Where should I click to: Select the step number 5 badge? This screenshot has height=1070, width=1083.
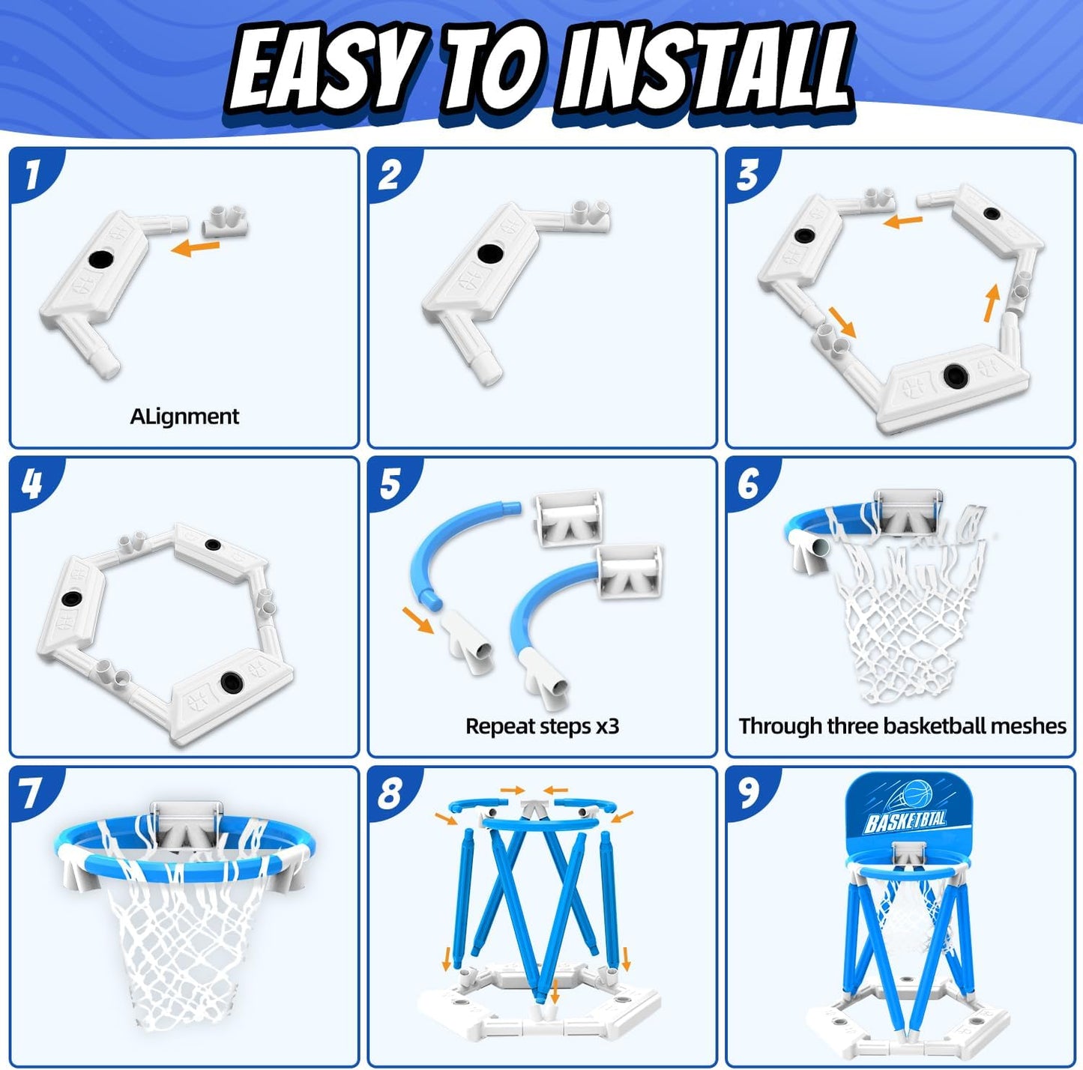(391, 483)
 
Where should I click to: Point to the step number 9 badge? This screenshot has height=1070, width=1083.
(749, 793)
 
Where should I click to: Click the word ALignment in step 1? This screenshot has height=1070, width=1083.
(184, 417)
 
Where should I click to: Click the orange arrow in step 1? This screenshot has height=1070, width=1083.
(195, 247)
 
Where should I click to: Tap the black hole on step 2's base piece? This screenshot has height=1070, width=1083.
(489, 253)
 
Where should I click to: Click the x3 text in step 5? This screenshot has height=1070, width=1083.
(608, 727)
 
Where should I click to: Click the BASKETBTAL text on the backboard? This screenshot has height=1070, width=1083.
(905, 821)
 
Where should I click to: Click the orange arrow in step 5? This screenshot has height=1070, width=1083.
(419, 620)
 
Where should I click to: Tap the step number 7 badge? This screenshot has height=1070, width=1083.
(31, 793)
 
